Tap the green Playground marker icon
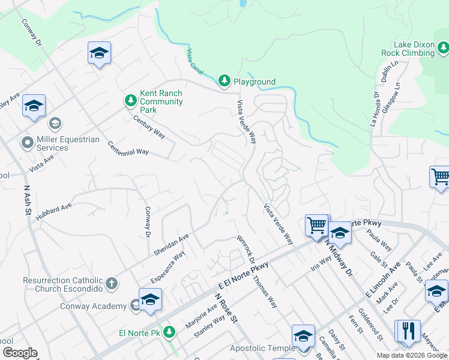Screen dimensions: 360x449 (224, 80)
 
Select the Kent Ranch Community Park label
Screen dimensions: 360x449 (161, 101)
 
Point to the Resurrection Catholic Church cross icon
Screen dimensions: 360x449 (111, 284)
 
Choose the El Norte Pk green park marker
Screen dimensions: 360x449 (169, 331)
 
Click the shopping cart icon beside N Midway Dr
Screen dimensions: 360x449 (316, 226)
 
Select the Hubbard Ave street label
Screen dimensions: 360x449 (53, 212)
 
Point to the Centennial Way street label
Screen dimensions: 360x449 (128, 148)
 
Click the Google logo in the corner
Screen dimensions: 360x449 (20, 352)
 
